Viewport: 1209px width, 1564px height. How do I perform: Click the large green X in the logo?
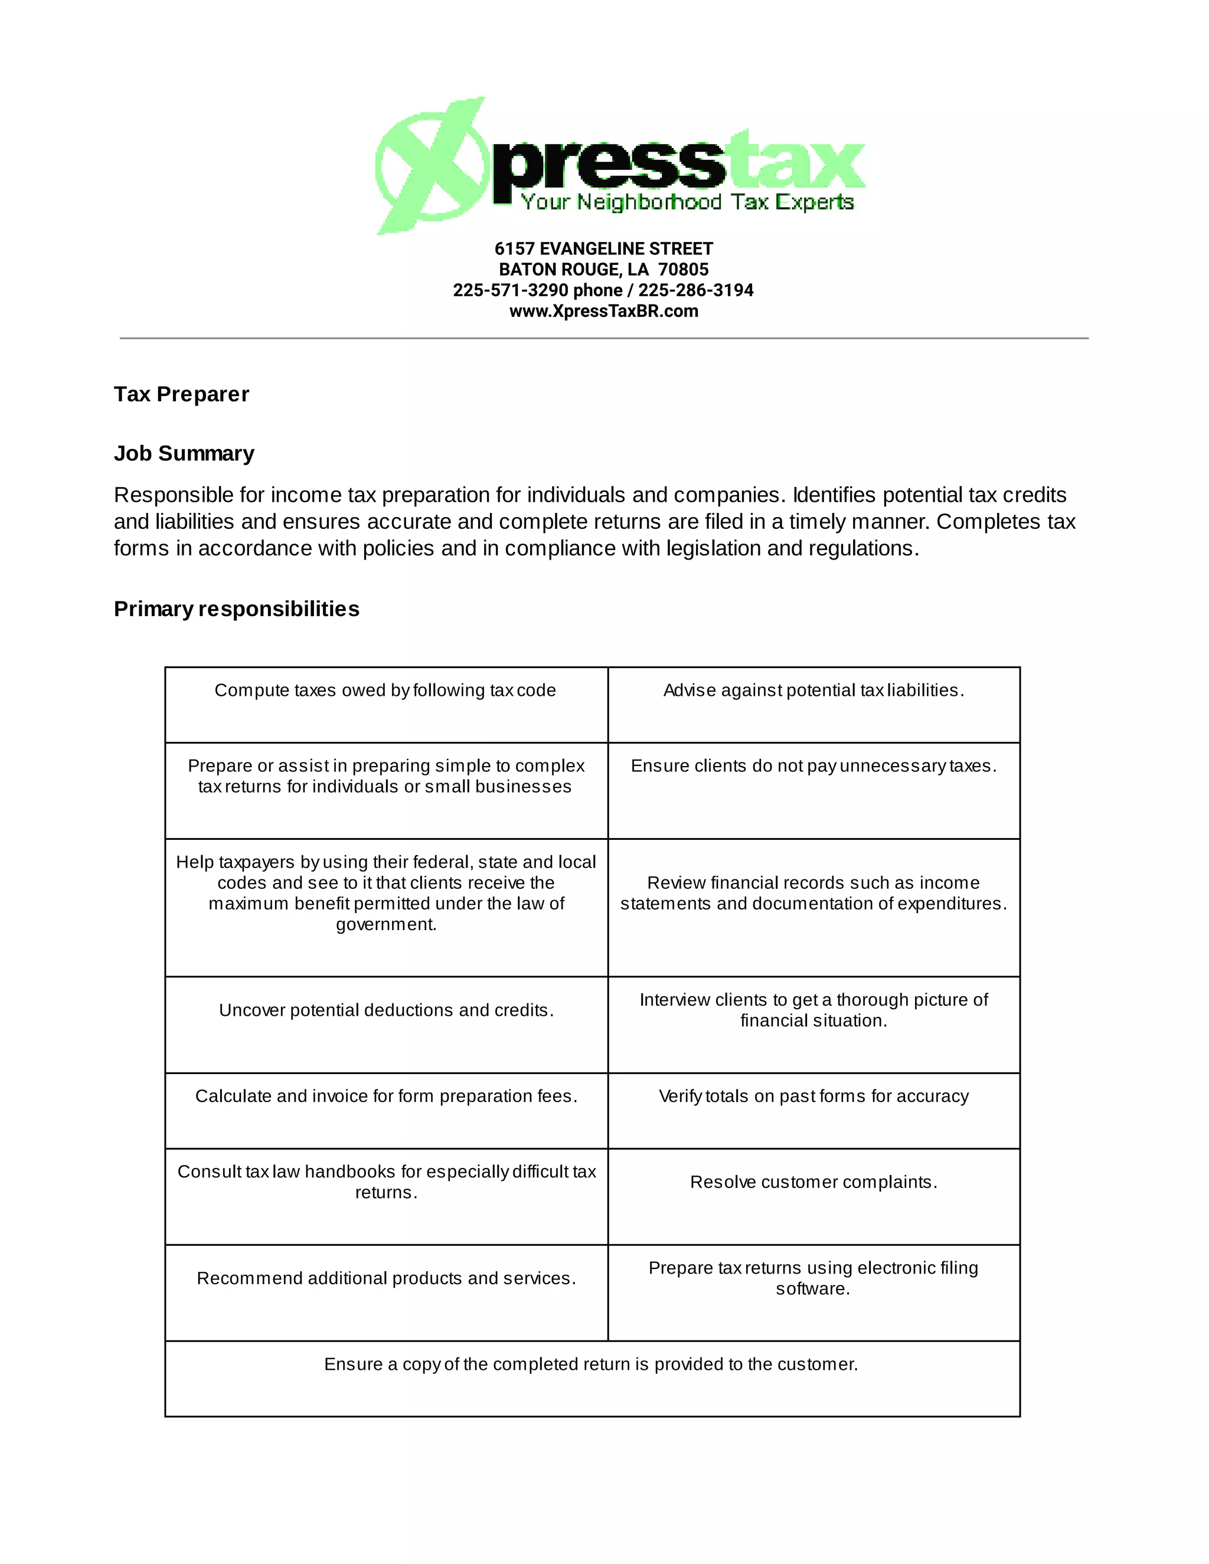(430, 166)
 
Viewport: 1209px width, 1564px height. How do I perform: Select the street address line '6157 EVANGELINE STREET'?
(604, 249)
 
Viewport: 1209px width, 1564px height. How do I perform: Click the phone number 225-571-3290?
(511, 291)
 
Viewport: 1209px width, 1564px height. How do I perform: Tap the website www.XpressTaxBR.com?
(604, 312)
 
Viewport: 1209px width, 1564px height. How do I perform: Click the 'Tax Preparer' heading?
(181, 395)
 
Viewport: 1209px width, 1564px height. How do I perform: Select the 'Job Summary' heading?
(184, 454)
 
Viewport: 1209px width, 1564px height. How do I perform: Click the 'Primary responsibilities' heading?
(236, 610)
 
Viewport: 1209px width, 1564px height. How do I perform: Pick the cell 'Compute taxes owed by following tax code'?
(385, 691)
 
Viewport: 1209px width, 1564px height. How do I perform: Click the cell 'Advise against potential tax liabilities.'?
(813, 691)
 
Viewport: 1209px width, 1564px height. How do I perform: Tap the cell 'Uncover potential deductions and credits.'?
(386, 1010)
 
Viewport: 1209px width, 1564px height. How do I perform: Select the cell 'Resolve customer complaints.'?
(813, 1182)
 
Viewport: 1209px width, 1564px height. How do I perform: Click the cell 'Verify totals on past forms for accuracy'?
(813, 1097)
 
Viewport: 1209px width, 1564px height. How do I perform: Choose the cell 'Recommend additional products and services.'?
(386, 1279)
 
